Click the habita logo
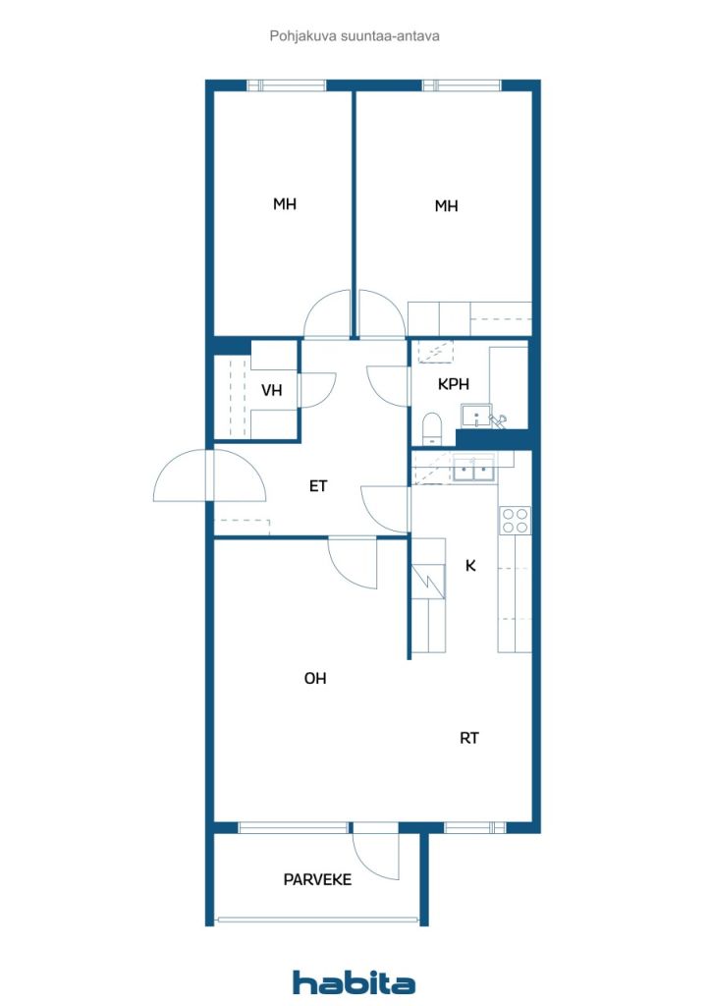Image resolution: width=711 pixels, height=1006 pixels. point(354,982)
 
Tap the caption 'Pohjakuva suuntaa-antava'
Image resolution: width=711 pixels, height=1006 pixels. point(355,35)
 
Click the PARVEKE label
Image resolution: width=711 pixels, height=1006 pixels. point(317,879)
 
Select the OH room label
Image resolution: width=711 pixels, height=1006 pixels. point(315,678)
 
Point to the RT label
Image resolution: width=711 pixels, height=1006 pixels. point(469,738)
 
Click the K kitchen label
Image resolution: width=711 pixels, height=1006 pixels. point(471,566)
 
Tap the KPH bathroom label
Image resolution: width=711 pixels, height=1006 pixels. point(453,384)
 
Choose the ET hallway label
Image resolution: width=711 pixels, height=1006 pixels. point(318,485)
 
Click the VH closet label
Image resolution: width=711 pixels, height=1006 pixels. point(272,390)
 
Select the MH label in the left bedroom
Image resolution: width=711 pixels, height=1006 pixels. point(285,204)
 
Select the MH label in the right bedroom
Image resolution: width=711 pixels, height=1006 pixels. point(447,206)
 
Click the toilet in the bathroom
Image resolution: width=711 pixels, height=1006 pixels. point(429,428)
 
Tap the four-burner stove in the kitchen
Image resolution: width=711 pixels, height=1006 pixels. point(515,520)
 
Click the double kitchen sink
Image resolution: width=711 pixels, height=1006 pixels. point(474,472)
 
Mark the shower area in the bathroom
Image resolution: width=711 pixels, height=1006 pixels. point(432,352)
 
